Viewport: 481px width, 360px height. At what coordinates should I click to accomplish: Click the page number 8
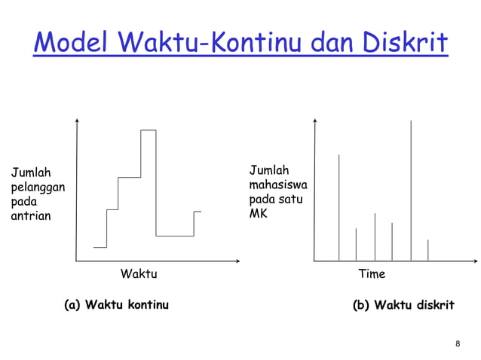point(458,344)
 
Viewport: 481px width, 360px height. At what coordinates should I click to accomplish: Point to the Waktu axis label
point(139,273)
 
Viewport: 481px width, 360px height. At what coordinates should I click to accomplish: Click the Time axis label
point(371,273)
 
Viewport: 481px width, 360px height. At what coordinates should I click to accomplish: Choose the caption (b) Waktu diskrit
point(403,305)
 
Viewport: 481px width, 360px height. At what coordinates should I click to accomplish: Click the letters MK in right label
point(259,214)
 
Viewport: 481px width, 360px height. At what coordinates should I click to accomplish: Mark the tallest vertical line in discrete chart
point(411,188)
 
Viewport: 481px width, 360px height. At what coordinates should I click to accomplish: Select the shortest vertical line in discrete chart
point(427,250)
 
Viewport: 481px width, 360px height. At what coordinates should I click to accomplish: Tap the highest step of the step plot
point(148,131)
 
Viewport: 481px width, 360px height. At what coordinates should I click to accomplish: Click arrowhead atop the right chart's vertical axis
point(315,123)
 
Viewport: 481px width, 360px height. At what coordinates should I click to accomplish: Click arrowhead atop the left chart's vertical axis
point(76,123)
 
